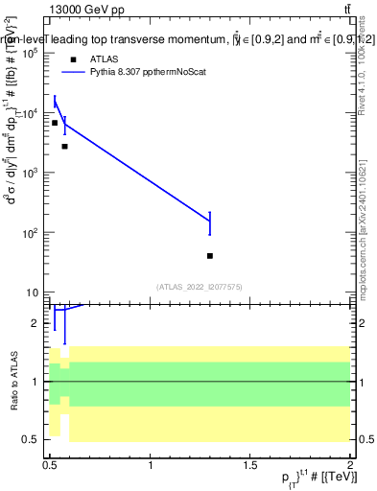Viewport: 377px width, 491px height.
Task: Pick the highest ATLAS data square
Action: pyautogui.click(x=55, y=123)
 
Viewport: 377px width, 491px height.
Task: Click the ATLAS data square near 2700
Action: pyautogui.click(x=64, y=147)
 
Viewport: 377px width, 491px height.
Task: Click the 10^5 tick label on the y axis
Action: pyautogui.click(x=30, y=54)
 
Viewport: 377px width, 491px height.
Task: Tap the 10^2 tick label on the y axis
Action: pyautogui.click(x=30, y=233)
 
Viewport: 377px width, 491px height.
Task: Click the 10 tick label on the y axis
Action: pyautogui.click(x=32, y=292)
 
